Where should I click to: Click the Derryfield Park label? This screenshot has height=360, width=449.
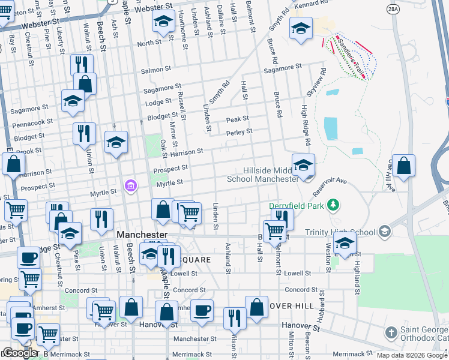pyautogui.click(x=297, y=206)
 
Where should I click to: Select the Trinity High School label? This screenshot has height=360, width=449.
pyautogui.click(x=339, y=232)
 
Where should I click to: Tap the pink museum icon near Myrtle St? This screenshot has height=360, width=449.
pyautogui.click(x=130, y=187)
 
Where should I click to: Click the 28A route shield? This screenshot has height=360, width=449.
pyautogui.click(x=393, y=9)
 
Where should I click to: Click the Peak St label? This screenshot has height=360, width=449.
pyautogui.click(x=237, y=119)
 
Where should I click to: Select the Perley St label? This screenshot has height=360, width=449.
pyautogui.click(x=239, y=131)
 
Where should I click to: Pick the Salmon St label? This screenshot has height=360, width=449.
pyautogui.click(x=152, y=70)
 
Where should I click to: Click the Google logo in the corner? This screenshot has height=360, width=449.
pyautogui.click(x=20, y=352)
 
